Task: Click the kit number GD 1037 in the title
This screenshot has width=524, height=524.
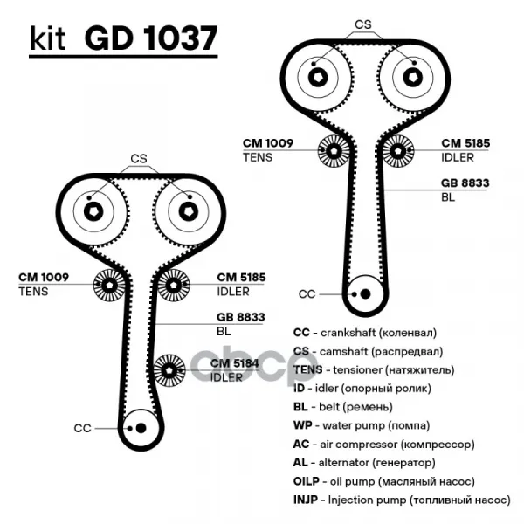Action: tap(150, 39)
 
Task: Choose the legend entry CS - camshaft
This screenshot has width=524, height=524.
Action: tap(367, 351)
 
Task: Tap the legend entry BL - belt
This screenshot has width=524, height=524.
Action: tap(344, 407)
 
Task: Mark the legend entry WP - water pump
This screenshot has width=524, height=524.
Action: tap(361, 425)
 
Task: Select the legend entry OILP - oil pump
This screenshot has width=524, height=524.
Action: tap(383, 480)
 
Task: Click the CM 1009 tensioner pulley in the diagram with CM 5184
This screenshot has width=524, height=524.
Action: tap(110, 284)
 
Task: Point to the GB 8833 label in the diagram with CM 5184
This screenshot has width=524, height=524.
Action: tap(240, 318)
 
